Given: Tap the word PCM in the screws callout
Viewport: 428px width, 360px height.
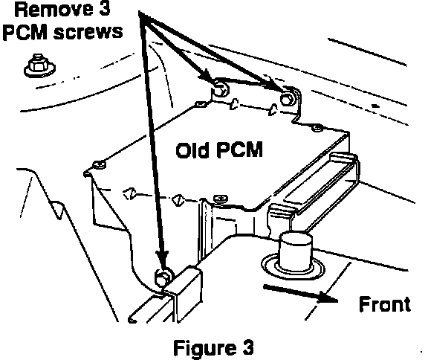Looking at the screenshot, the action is click(25, 32).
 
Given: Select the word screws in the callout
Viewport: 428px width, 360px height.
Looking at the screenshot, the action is click(88, 33).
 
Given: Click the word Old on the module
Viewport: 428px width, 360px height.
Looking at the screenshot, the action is click(192, 150).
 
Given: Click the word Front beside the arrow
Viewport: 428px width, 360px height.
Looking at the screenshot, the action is click(385, 303).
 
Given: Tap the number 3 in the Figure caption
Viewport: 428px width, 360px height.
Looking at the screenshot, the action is click(247, 347).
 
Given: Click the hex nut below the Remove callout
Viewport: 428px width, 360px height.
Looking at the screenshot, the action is click(39, 65).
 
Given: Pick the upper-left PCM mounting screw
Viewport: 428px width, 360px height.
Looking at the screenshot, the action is click(220, 88).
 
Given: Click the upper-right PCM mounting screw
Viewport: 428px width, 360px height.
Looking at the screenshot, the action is click(287, 97).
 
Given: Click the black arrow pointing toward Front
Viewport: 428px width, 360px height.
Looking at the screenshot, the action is click(300, 294).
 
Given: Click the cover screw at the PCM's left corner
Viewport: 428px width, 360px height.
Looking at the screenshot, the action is click(99, 164).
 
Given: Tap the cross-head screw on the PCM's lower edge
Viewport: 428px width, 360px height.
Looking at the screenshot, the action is click(221, 199).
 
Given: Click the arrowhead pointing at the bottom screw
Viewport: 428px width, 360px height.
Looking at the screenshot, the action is click(163, 258).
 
